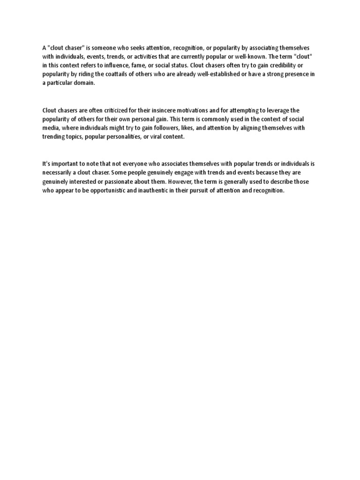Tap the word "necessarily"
tap(58, 172)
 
